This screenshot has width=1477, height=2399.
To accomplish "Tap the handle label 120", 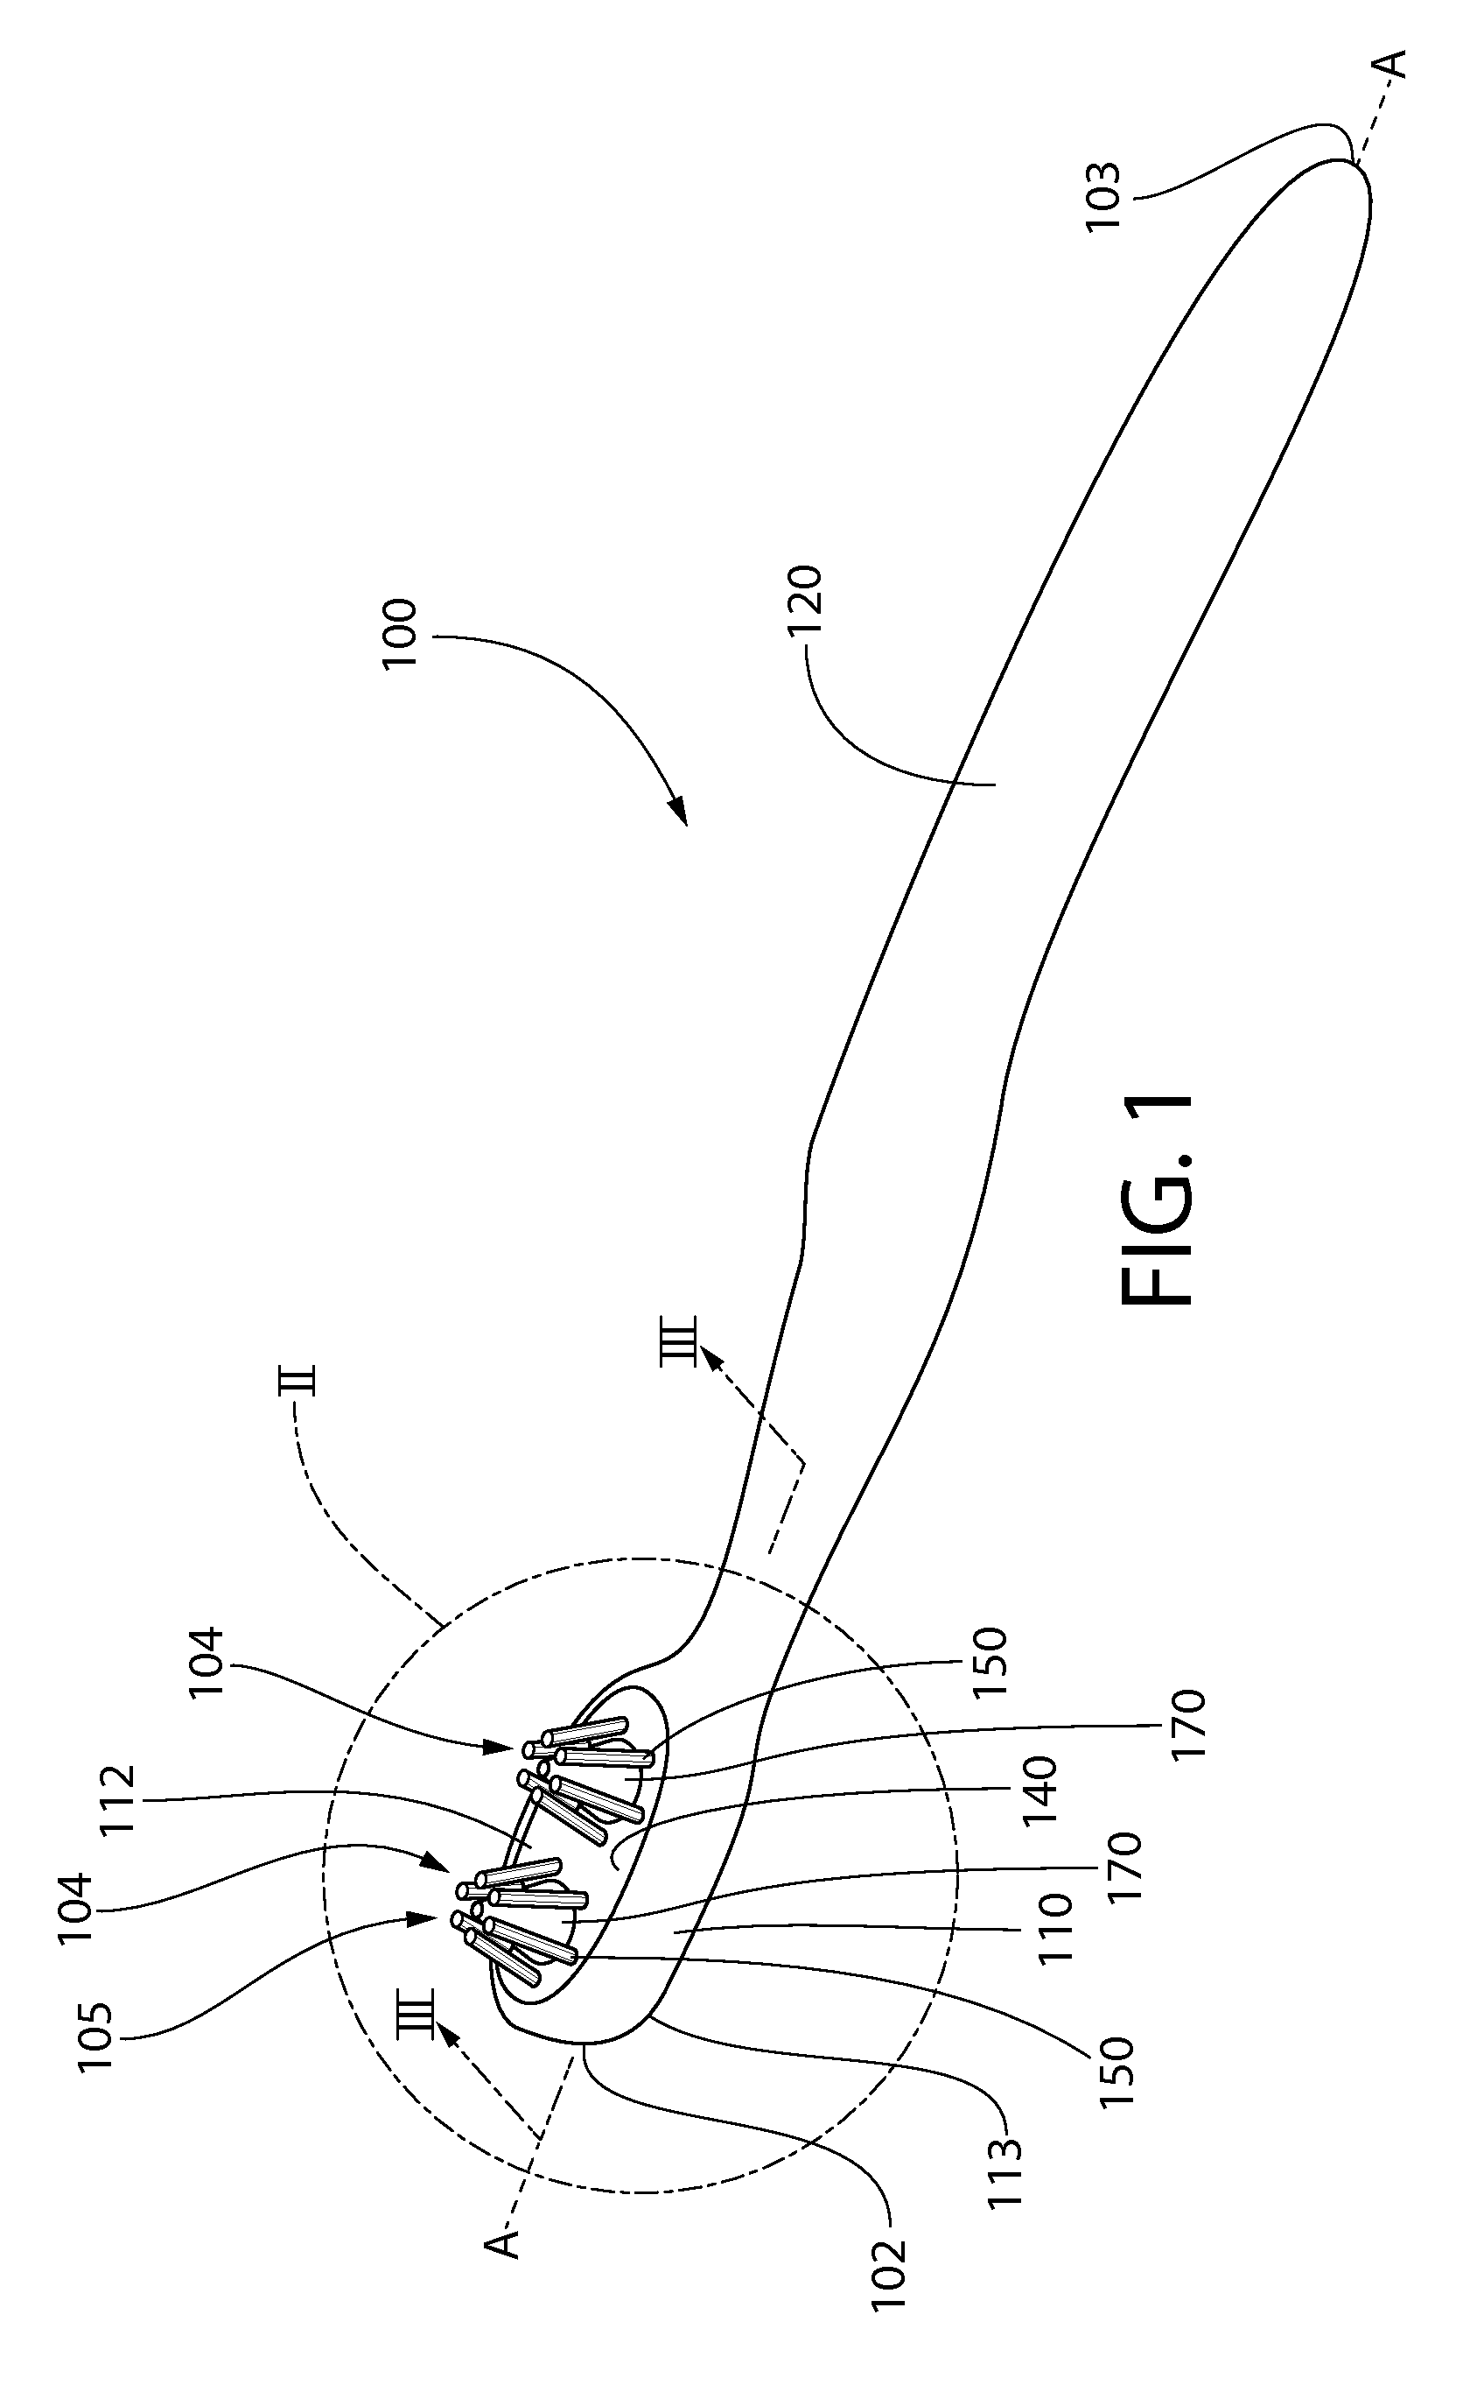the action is [807, 600].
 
